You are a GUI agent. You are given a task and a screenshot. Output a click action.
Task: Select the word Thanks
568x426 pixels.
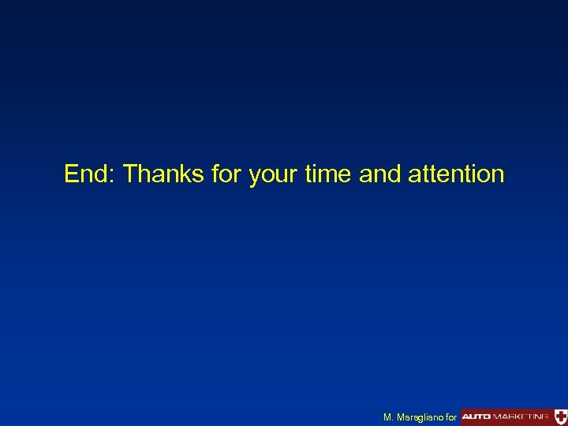point(163,174)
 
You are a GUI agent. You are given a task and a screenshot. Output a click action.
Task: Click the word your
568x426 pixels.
point(274,175)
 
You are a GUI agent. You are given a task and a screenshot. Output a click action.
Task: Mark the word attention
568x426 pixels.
point(456,174)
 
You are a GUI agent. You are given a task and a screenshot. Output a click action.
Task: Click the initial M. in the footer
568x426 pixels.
point(387,416)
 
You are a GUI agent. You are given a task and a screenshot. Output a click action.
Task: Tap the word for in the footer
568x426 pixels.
point(451,416)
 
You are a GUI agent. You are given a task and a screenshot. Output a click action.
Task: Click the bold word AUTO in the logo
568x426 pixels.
point(477,415)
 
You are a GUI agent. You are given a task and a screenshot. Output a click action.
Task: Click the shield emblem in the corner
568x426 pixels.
point(560,415)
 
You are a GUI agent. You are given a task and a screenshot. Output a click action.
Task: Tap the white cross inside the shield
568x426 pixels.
point(560,414)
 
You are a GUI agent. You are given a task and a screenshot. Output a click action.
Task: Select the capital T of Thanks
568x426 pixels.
point(130,174)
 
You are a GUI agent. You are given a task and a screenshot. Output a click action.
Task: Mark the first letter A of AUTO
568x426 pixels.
point(467,415)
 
